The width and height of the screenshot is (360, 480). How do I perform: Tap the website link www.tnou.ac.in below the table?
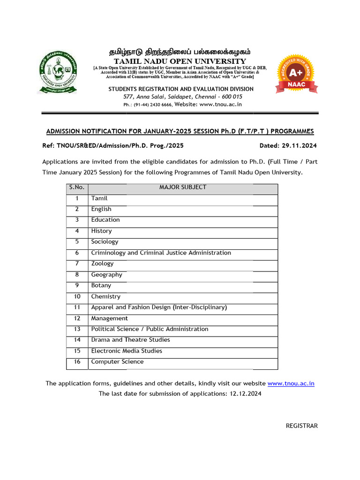(x=291, y=383)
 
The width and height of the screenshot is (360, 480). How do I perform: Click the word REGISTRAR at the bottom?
(x=302, y=426)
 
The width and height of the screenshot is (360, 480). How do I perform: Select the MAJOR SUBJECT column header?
(x=183, y=187)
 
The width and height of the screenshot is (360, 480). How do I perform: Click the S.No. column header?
(x=76, y=187)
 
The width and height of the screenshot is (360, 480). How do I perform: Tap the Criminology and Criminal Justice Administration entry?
(x=161, y=253)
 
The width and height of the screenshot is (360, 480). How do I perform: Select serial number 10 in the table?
(x=77, y=296)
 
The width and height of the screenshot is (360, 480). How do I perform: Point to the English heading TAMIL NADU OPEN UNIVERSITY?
(x=180, y=61)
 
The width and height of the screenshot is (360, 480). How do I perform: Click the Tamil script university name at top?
(x=180, y=52)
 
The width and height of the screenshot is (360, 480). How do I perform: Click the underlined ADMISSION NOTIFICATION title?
(x=180, y=131)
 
